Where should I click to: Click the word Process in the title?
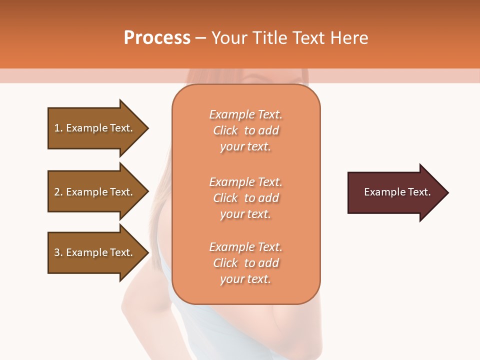157,38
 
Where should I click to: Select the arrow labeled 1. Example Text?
95,128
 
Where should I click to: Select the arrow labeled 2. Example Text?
95,192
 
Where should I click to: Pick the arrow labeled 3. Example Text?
95,252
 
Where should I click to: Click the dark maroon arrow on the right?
395,192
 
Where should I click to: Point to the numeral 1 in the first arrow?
57,128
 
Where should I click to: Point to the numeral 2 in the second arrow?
57,192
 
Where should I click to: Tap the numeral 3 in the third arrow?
57,252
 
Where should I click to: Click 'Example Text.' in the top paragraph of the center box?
245,114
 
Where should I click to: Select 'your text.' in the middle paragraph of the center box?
245,214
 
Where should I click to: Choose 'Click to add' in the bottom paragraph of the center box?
245,263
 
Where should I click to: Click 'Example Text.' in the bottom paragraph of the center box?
245,247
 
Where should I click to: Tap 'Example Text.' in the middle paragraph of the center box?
245,182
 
